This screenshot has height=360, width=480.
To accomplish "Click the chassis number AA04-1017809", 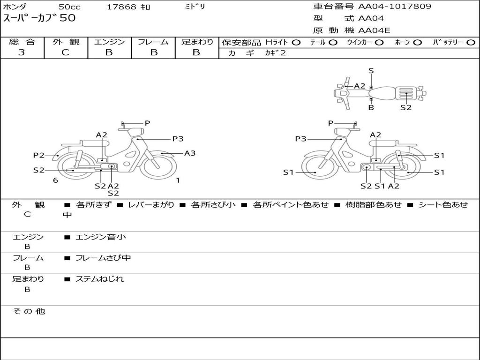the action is click(x=395, y=6).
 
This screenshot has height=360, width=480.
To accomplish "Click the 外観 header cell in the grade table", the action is click(x=66, y=42).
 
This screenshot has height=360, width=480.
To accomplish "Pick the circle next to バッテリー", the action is click(x=471, y=43).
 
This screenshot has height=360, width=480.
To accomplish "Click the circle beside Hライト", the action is click(x=296, y=43).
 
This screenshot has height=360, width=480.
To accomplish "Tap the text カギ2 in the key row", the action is click(x=276, y=53).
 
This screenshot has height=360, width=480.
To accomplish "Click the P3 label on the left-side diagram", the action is click(x=178, y=139).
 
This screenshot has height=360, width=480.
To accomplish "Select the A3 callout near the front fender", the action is click(x=190, y=153).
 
